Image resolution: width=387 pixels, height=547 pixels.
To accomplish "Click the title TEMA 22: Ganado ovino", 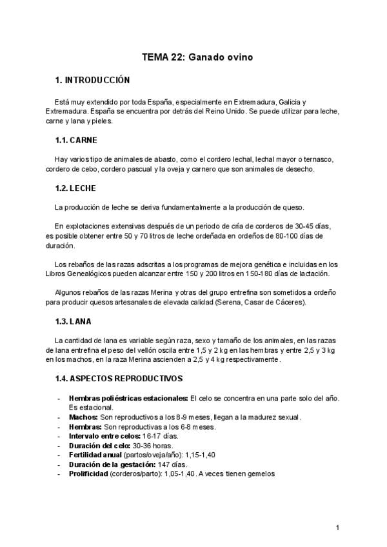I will tap(197, 57).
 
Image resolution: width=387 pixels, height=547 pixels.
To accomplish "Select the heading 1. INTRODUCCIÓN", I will tap(93, 81).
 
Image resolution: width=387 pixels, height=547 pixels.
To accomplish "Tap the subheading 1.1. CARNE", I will tap(76, 139).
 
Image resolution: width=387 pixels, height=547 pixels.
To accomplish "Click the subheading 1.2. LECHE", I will tap(75, 188).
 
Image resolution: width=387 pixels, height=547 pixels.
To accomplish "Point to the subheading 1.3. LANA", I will tap(74, 321).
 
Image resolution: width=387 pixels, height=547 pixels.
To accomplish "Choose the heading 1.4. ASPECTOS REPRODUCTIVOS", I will tap(119, 379).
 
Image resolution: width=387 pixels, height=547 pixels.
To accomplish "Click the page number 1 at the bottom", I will tap(338, 528).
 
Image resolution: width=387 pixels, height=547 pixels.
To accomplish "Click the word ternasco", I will tap(318, 159).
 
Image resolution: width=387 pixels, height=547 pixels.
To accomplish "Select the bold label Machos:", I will tap(84, 417).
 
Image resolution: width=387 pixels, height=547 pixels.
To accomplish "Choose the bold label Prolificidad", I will tap(88, 473).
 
